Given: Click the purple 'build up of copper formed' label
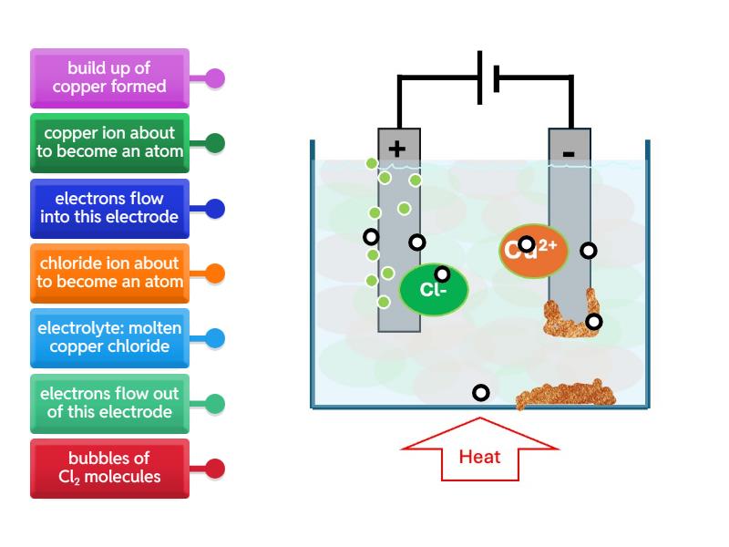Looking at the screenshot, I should pos(109,77).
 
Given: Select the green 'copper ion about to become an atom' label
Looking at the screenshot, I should pos(109,143).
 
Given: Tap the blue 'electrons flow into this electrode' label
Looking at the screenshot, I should pos(109,208).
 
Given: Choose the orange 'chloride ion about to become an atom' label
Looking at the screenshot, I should pos(109,273).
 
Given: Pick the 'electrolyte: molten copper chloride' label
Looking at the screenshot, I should pos(109,338).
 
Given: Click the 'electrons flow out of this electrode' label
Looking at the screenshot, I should pos(109,404).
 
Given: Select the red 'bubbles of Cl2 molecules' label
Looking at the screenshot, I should pos(109,469).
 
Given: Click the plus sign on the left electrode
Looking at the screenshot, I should pos(396,149).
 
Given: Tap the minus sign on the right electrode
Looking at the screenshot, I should pos(569,152).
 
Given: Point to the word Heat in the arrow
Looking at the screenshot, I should pos(479,457).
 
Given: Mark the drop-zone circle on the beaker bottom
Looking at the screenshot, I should pos(480,393).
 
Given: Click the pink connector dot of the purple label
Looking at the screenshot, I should pos(215,78).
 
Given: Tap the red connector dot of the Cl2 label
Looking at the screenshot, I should pos(215,470).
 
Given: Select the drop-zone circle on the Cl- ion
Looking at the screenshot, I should pos(442,274).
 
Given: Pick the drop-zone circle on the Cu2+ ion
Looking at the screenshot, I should pos(526,244).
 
